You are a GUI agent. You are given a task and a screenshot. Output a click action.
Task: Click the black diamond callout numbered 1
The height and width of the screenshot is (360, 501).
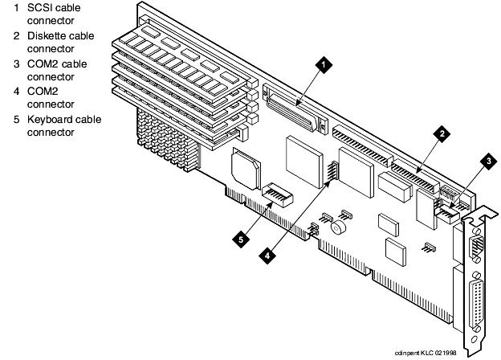pyautogui.click(x=324, y=65)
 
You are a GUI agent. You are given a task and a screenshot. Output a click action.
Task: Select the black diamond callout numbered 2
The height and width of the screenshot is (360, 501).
pyautogui.click(x=442, y=133)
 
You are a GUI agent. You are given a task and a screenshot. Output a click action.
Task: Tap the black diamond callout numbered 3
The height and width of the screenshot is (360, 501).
pyautogui.click(x=488, y=161)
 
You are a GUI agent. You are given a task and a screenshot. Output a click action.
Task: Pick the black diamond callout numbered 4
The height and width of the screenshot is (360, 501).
pyautogui.click(x=267, y=255)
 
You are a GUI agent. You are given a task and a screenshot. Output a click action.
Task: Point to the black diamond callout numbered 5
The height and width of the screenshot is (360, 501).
pyautogui.click(x=241, y=239)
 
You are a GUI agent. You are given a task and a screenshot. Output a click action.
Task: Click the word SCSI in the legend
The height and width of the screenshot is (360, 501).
pyautogui.click(x=40, y=8)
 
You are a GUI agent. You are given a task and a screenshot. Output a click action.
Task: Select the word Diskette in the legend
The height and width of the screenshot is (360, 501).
pyautogui.click(x=47, y=36)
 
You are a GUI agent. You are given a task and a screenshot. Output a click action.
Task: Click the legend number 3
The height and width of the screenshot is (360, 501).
pyautogui.click(x=17, y=64)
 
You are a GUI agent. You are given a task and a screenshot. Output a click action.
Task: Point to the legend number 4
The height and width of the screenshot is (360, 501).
pyautogui.click(x=17, y=92)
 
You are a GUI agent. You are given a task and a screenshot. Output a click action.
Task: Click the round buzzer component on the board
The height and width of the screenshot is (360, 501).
pyautogui.click(x=338, y=227)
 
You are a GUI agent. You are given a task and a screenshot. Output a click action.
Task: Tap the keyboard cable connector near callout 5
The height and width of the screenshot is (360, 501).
pyautogui.click(x=277, y=194)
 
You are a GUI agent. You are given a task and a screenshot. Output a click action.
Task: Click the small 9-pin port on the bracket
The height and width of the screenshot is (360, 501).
pyautogui.click(x=475, y=244)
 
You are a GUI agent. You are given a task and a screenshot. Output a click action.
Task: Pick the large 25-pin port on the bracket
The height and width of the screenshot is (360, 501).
pyautogui.click(x=475, y=303)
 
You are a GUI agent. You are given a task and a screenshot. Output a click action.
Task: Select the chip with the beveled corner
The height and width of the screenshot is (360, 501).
pyautogui.click(x=246, y=168)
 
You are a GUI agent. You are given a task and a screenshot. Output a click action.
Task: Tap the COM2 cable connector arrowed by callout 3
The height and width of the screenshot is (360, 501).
pyautogui.click(x=447, y=214)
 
